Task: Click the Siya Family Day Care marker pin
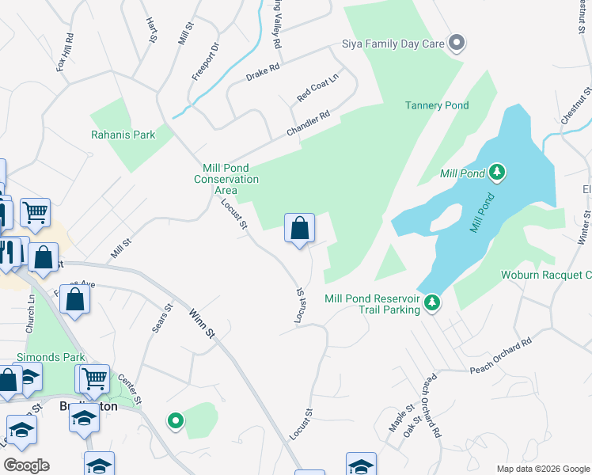click(x=456, y=44)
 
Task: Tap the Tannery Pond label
click(x=437, y=105)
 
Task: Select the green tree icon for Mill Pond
click(x=497, y=172)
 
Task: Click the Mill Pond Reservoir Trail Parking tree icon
click(x=431, y=302)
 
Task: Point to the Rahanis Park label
click(x=123, y=135)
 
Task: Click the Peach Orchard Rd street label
click(x=500, y=357)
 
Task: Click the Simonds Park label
click(x=51, y=357)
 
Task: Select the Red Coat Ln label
click(x=317, y=87)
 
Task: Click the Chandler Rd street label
click(x=308, y=123)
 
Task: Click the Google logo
click(x=26, y=465)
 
